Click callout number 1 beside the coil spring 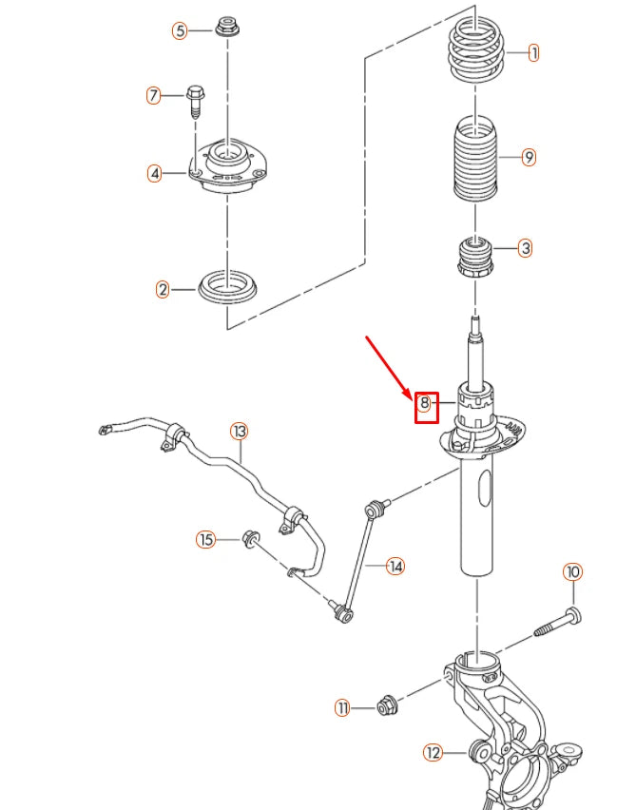[532, 53]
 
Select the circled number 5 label [181, 30]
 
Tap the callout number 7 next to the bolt [154, 95]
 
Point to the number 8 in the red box [426, 405]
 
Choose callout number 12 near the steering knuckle [434, 753]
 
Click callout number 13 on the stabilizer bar [239, 432]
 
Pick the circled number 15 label [206, 540]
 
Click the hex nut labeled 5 [227, 27]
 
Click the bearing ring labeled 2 [226, 288]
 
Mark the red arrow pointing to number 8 [388, 361]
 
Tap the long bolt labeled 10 [556, 624]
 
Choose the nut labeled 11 [387, 705]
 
